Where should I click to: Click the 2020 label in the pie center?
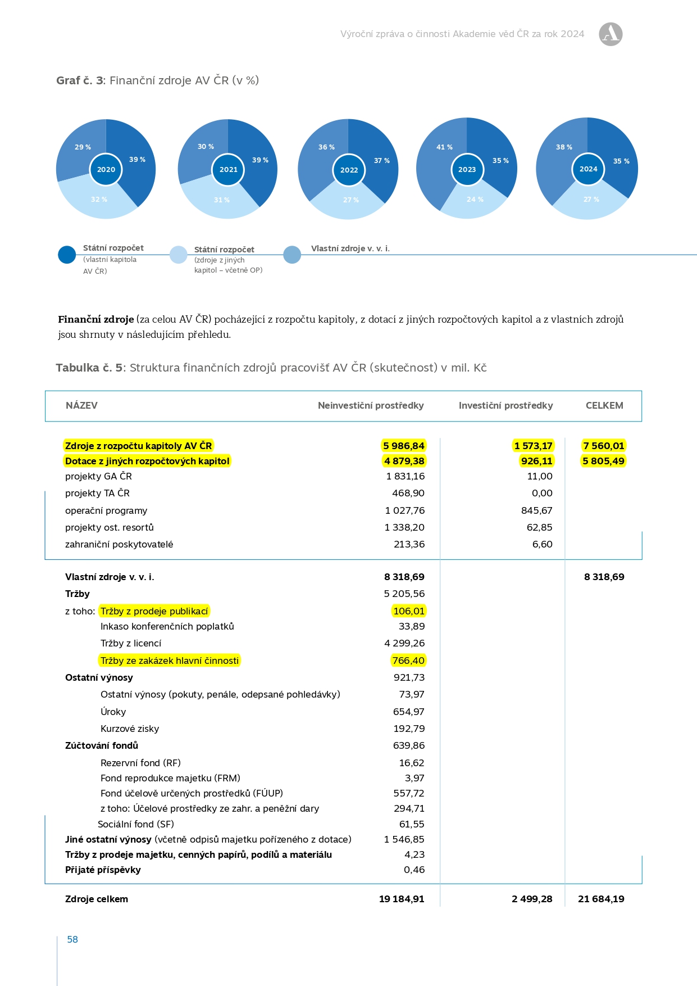click(106, 169)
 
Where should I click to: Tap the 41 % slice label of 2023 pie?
click(444, 147)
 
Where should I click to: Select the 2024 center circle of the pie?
click(588, 169)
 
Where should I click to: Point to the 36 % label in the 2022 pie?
click(326, 147)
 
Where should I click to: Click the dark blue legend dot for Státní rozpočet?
click(67, 255)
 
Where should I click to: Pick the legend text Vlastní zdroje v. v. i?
click(350, 248)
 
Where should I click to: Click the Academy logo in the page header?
click(611, 34)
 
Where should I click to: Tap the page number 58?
click(72, 939)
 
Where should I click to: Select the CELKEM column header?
click(604, 405)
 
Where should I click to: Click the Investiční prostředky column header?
click(505, 405)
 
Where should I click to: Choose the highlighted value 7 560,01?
click(603, 446)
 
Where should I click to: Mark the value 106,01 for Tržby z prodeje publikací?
click(409, 611)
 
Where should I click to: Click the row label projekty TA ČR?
click(97, 493)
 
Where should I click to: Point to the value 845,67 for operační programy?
click(536, 510)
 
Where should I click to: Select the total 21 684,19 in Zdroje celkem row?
click(601, 899)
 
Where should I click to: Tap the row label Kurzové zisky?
click(130, 729)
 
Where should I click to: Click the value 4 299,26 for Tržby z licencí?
click(404, 643)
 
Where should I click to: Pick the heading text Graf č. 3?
click(80, 80)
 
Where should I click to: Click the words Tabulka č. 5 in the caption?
click(89, 368)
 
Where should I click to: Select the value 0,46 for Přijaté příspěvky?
click(414, 870)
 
